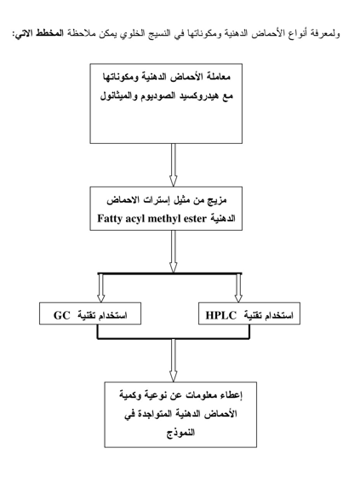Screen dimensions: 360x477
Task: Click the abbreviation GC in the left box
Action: (x=62, y=315)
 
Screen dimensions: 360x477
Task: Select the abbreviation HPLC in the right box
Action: (x=221, y=315)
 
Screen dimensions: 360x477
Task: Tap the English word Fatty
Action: (x=109, y=219)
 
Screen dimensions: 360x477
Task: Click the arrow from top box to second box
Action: (x=174, y=165)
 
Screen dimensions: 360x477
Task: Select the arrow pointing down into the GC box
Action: (x=101, y=288)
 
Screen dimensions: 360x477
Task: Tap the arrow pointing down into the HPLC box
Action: (x=238, y=288)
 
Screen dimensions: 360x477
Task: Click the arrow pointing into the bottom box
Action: (x=174, y=360)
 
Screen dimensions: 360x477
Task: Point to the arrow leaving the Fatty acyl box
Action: (x=174, y=251)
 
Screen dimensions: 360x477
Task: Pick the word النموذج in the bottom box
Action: (x=180, y=433)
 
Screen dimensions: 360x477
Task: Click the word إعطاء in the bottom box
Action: (x=232, y=395)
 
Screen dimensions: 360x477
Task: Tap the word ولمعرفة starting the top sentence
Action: (x=327, y=33)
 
